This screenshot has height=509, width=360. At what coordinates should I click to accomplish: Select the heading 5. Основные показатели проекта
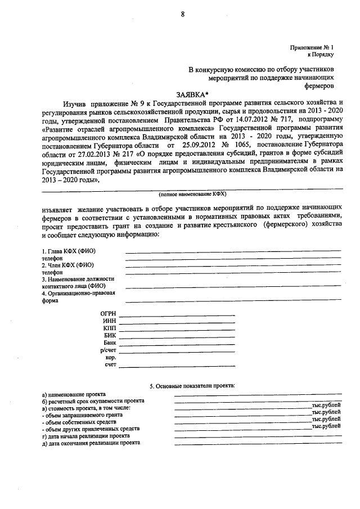click(x=192, y=386)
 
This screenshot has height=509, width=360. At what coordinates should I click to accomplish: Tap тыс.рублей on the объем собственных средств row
click(x=326, y=420)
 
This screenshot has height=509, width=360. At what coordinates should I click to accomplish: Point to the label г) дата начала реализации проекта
click(x=86, y=436)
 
